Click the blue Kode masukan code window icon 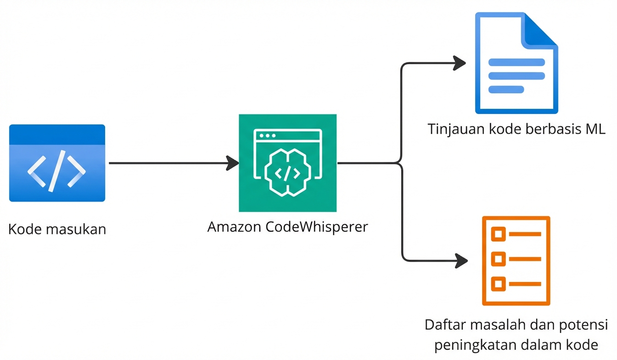coord(57,163)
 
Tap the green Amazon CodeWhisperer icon coord(287,163)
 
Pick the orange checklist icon coord(516,260)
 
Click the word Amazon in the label coord(235,226)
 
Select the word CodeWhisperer coord(317,226)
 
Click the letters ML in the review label coord(595,129)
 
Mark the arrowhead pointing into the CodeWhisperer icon coord(233,163)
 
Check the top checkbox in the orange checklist coord(498,234)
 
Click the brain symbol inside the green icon coord(287,172)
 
